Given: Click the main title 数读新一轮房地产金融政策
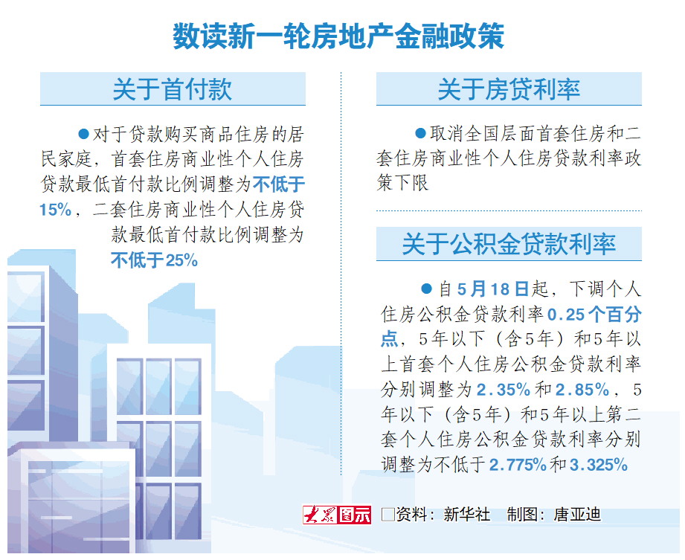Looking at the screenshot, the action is [x=338, y=36].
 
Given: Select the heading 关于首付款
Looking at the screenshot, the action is [x=172, y=89].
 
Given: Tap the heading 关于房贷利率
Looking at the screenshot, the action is [x=509, y=89].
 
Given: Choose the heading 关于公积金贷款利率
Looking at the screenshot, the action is [x=509, y=244].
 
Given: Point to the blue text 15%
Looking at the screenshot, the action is [x=56, y=210].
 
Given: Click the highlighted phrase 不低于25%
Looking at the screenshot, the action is [x=154, y=260].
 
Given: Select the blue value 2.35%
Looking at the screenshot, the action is [x=504, y=390].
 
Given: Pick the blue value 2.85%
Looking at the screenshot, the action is [x=582, y=390].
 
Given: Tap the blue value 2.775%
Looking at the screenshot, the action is [x=518, y=465].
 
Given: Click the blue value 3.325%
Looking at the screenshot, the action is [x=599, y=465].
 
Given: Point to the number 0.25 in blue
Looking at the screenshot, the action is [x=566, y=315].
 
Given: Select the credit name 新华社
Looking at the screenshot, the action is [x=466, y=515].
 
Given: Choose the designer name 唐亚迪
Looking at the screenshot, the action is [x=578, y=515].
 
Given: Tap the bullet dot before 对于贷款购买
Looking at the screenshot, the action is [x=83, y=134].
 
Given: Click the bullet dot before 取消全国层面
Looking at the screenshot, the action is [x=420, y=133].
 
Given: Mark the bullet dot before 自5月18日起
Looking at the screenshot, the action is [x=426, y=289].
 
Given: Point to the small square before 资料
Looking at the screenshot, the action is [x=388, y=515].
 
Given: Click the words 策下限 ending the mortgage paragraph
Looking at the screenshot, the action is [x=402, y=183].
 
